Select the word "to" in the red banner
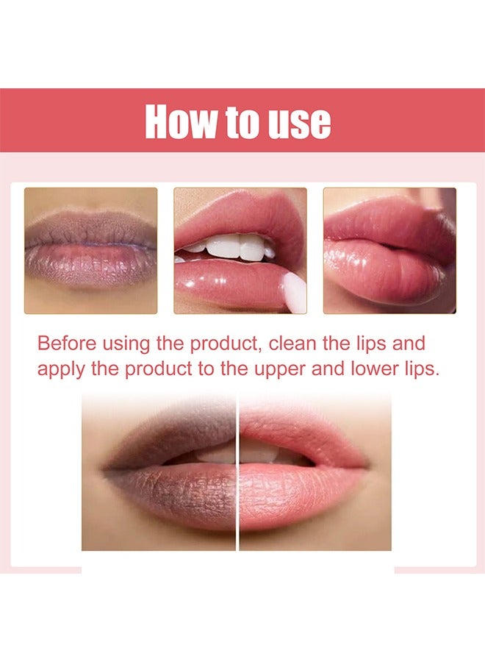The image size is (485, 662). pyautogui.click(x=242, y=122)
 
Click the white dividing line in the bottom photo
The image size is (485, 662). pyautogui.click(x=237, y=471)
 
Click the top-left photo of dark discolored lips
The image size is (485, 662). pyautogui.click(x=90, y=250)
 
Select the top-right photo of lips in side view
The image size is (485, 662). pyautogui.click(x=389, y=250)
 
